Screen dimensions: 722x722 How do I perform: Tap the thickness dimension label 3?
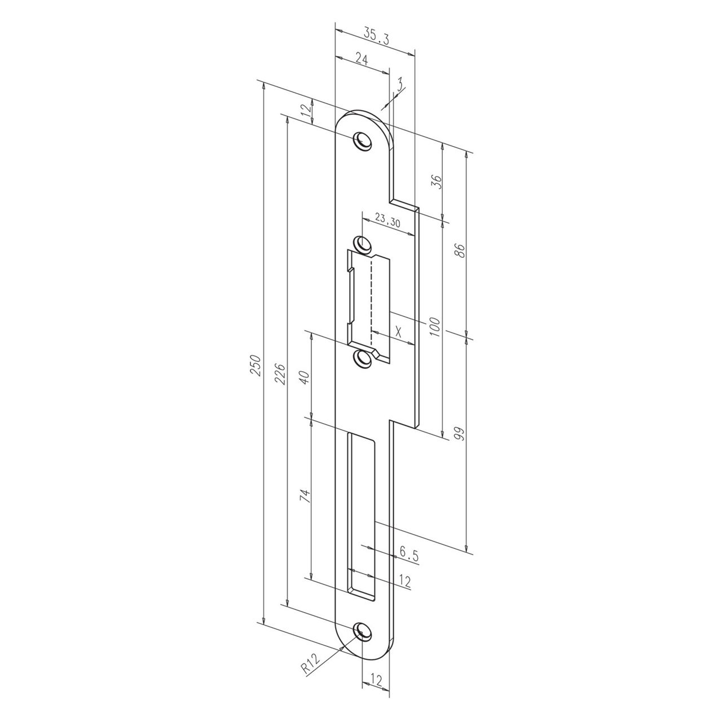399,86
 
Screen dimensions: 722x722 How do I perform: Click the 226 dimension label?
280,373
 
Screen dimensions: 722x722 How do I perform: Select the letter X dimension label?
399,331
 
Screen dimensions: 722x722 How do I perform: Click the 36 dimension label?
435,182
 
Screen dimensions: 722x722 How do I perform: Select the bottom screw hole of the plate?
362,632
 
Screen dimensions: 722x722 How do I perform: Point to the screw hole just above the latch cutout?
362,244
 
